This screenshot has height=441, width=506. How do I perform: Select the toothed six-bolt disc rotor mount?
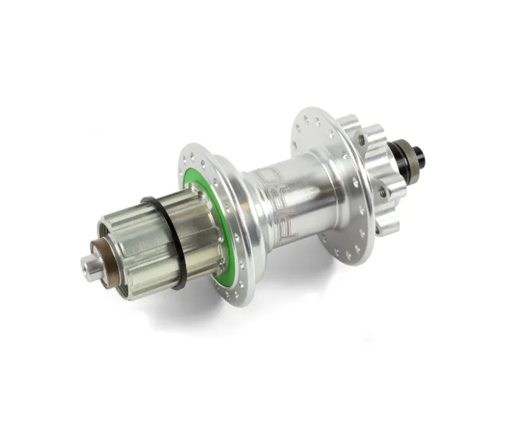(376, 171)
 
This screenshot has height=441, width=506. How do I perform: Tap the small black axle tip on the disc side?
(419, 156)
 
